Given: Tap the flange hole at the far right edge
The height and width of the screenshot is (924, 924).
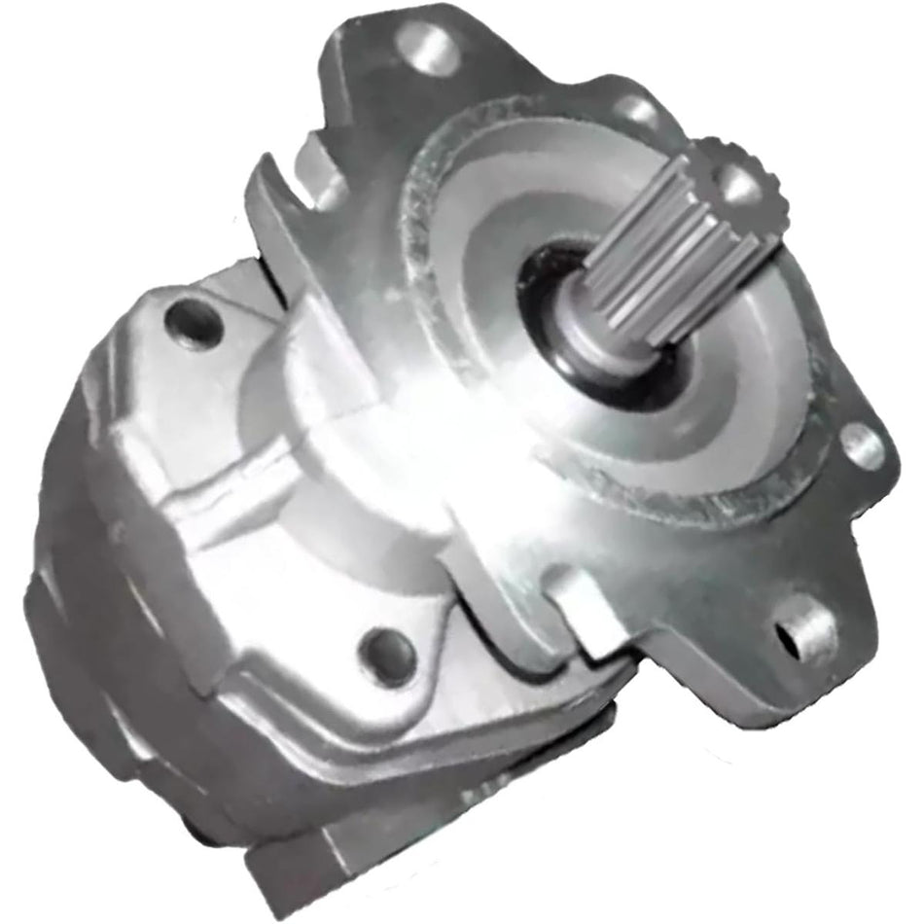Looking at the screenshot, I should pos(860,446).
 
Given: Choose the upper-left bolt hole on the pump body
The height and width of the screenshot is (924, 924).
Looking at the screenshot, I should pos(194,322).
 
